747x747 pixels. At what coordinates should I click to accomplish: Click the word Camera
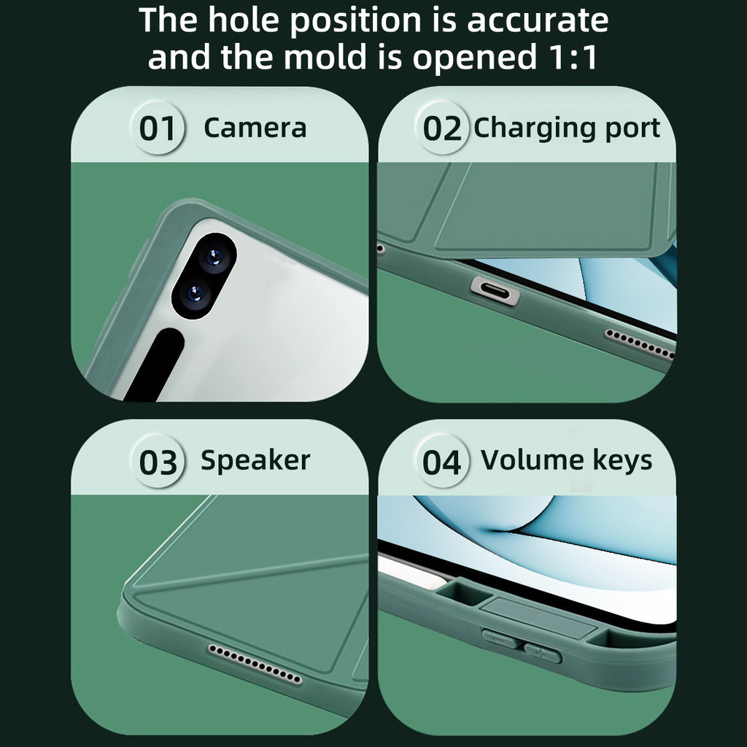tap(255, 128)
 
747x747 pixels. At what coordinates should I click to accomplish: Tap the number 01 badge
tap(158, 128)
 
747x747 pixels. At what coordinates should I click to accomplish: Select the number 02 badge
tap(441, 128)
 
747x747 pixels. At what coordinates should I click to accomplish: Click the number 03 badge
tap(158, 462)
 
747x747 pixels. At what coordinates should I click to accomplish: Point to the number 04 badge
tap(441, 462)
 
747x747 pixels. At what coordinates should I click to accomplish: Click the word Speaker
tap(255, 461)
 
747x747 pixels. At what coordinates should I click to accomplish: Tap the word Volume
tap(532, 460)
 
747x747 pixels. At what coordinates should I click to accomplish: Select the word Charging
tap(535, 128)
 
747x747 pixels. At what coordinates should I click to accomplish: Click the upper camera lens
tap(214, 258)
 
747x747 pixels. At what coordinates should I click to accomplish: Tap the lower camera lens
tap(194, 294)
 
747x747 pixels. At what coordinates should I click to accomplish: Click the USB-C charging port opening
tap(495, 290)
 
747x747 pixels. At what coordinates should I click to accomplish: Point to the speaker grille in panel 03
tap(255, 664)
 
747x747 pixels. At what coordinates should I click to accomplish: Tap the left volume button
tap(500, 638)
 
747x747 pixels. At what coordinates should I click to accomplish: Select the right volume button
tap(543, 651)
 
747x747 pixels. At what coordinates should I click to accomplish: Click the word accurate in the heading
tap(538, 20)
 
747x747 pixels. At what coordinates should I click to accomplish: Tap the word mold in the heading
tap(325, 56)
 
